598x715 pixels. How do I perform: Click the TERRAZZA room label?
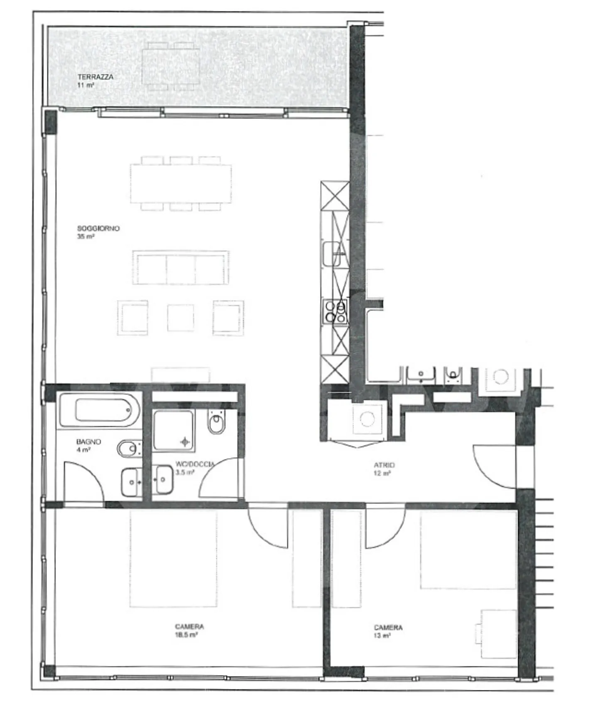[95, 77]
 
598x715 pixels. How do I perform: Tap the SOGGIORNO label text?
[98, 228]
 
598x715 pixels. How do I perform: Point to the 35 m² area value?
[86, 237]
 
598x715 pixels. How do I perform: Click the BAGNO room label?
[88, 441]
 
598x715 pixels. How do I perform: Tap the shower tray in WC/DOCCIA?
[173, 431]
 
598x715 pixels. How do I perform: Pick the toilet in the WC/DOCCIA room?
[216, 422]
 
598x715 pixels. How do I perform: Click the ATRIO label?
[384, 465]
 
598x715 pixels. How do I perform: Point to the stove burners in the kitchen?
[335, 312]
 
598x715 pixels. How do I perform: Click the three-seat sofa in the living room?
[181, 268]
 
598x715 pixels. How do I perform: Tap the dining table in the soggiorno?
[181, 183]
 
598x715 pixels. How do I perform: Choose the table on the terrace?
[170, 67]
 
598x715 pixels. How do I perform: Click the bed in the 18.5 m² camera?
[173, 558]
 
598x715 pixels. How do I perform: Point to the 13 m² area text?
[382, 636]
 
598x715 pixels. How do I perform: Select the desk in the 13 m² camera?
[498, 634]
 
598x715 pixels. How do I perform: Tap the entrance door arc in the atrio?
[494, 466]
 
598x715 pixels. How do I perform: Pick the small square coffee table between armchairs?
[180, 318]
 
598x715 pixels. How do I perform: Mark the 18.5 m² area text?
[186, 635]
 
